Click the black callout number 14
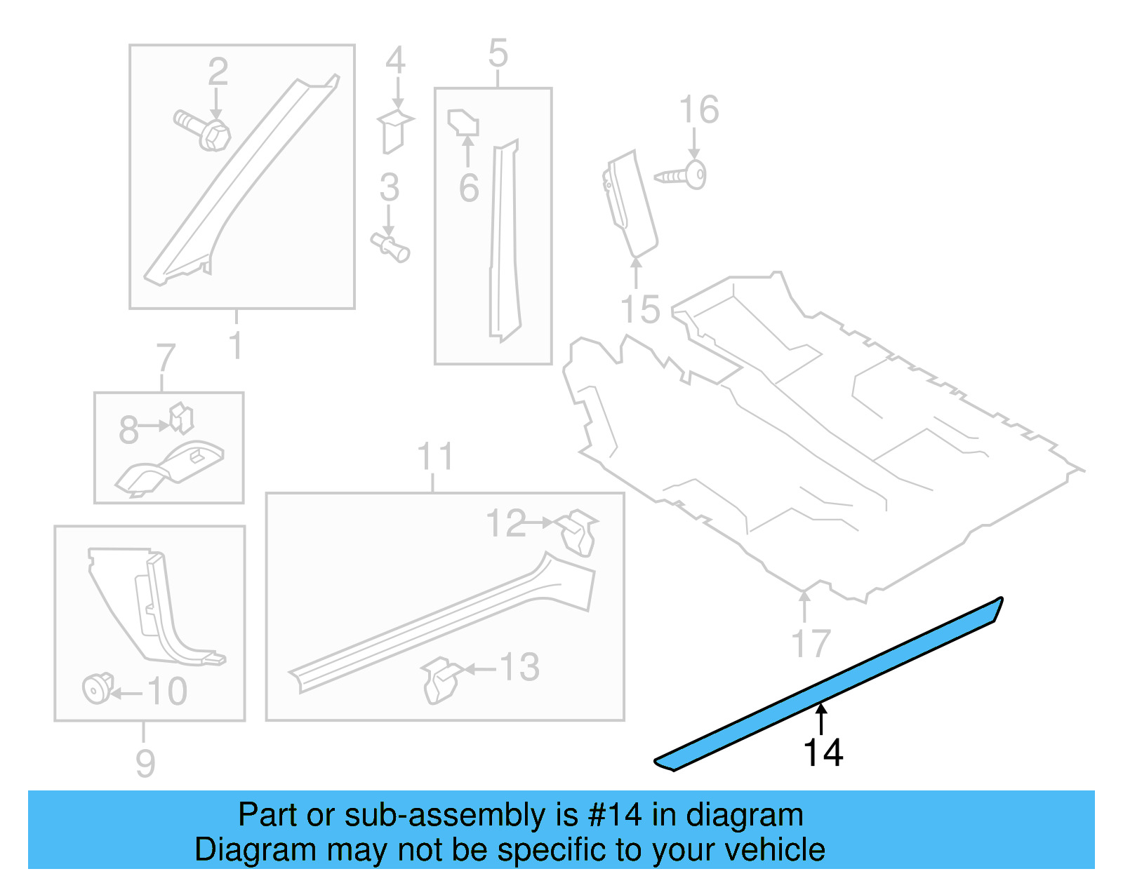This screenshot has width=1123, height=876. click(823, 753)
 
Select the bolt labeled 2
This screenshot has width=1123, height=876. click(203, 130)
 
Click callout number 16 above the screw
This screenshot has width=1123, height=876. click(698, 110)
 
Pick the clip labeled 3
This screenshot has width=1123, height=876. click(391, 247)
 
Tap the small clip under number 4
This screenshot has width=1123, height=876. click(395, 130)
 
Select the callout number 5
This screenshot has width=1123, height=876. click(498, 54)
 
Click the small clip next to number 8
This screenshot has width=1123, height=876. click(182, 418)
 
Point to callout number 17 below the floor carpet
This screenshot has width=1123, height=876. click(811, 643)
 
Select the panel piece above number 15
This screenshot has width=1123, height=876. click(631, 203)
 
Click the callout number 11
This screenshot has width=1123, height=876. click(434, 457)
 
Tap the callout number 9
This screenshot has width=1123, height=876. click(145, 763)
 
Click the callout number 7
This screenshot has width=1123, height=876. click(166, 358)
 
